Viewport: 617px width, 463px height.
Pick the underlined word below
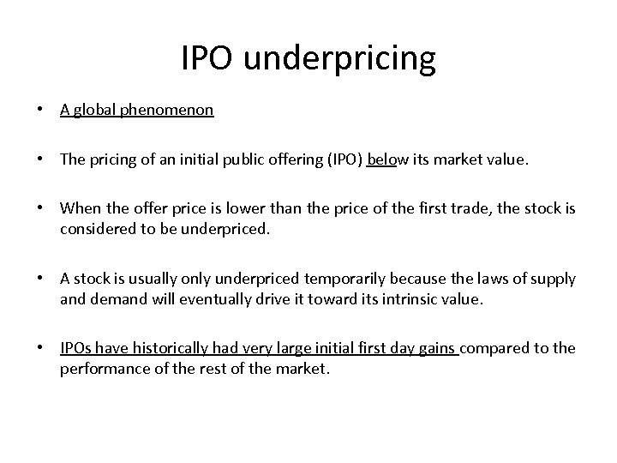381,159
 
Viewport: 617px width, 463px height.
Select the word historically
164,349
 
